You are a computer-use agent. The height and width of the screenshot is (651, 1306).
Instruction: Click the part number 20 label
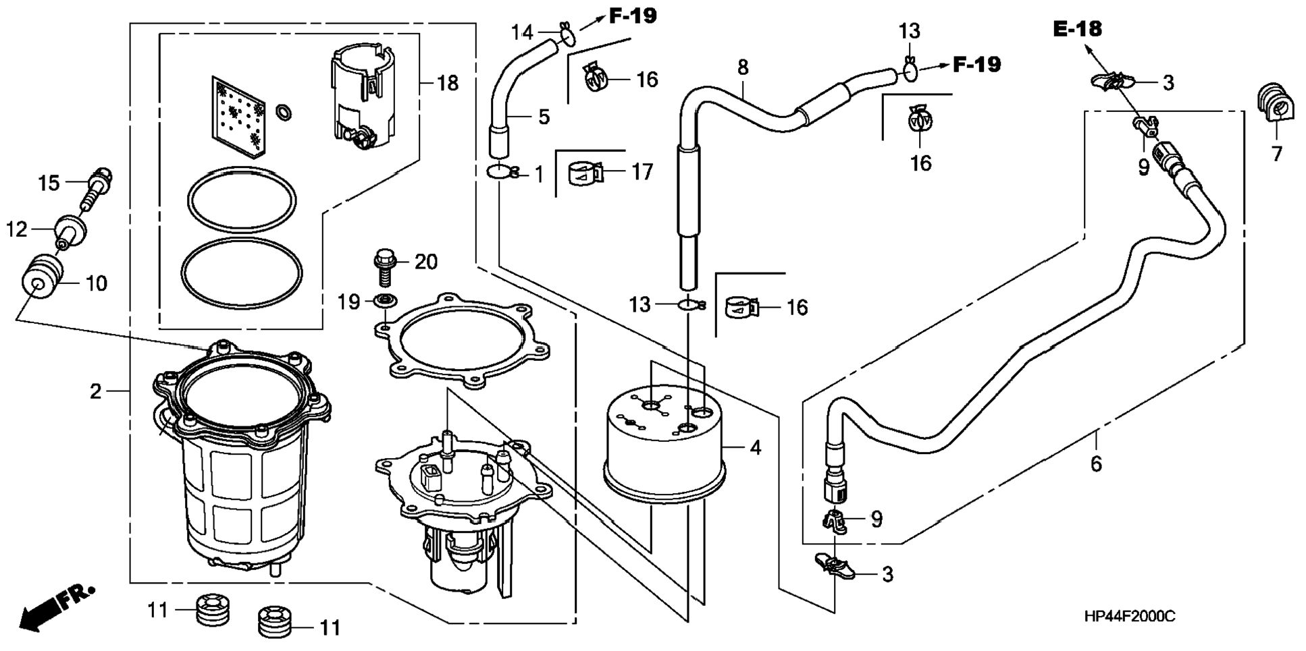426,261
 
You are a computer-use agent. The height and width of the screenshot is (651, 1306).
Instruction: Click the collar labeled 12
70,229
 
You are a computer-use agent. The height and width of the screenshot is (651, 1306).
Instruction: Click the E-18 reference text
1077,28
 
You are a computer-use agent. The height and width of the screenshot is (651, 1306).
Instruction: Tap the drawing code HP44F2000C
1130,616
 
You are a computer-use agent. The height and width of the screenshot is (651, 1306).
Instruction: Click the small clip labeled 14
566,34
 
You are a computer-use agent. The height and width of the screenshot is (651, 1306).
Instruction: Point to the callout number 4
756,447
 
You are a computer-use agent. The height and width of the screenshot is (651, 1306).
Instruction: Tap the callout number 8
743,67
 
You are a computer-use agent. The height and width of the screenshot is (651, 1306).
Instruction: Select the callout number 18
448,83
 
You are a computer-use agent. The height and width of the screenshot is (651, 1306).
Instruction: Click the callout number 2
96,391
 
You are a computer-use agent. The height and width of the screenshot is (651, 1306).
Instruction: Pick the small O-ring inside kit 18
284,112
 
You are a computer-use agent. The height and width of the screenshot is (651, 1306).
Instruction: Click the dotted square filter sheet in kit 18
238,115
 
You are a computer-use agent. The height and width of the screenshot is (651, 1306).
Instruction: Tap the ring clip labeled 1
503,173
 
